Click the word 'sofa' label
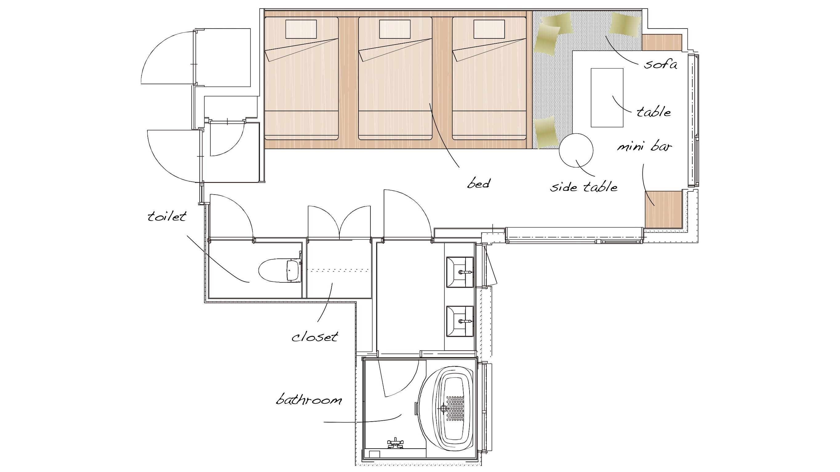click(660, 64)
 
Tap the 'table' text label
click(654, 112)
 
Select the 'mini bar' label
click(644, 147)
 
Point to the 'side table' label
click(584, 187)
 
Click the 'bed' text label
click(479, 184)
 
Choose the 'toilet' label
click(167, 216)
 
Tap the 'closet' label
click(315, 336)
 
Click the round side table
click(576, 150)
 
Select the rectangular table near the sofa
click(607, 97)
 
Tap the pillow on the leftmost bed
click(301, 29)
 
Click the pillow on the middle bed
click(395, 29)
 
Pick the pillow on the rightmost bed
click(489, 29)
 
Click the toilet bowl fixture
click(279, 270)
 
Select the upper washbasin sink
click(459, 272)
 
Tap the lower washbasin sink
click(459, 321)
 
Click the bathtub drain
click(443, 408)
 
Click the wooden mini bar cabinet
click(664, 210)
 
